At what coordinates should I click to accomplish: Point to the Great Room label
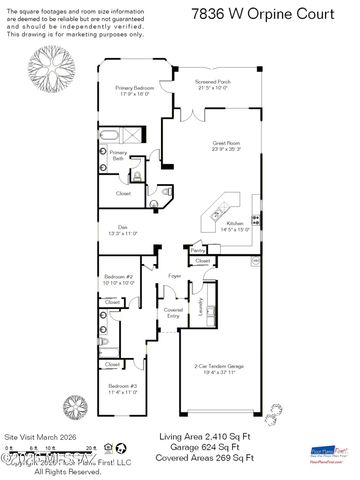coord(226,143)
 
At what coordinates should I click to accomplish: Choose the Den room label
coord(122,226)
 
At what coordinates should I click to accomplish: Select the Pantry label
coord(198,249)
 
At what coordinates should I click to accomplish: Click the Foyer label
coord(174,275)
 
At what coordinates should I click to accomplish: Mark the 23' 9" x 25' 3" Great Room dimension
coord(226,150)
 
